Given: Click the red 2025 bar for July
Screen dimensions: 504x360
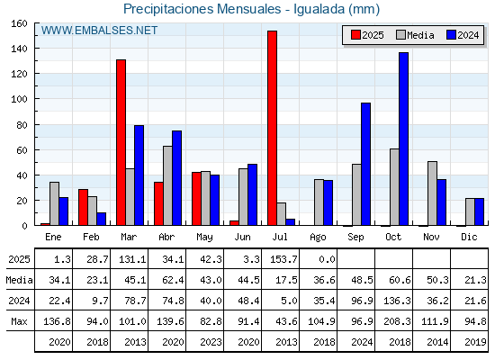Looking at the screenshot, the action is click(272, 128).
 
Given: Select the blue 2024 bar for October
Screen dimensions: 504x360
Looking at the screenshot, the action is click(403, 139).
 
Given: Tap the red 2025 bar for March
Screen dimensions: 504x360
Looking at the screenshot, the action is click(121, 142).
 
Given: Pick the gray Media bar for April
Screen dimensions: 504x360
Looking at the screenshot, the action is click(167, 185).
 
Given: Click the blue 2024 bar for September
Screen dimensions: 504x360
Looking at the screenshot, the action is click(365, 164).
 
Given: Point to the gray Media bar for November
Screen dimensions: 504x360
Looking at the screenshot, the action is click(432, 193).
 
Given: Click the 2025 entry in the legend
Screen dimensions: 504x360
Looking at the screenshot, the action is click(367, 35).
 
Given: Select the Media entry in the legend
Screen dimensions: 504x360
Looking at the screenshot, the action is click(415, 35).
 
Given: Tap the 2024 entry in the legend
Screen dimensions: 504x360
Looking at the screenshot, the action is click(463, 35).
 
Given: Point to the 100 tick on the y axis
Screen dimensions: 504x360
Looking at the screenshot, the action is click(19, 99).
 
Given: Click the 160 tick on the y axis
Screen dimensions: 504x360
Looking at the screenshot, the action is click(19, 23).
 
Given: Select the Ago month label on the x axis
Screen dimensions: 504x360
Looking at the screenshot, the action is click(318, 238).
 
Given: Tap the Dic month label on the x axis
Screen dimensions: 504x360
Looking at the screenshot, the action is click(469, 237).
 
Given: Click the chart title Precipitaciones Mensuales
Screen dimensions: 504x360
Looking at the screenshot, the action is click(202, 9).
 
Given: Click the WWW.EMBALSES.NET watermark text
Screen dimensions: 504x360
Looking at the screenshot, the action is click(99, 31).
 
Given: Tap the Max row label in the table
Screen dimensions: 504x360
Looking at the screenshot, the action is click(19, 321).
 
